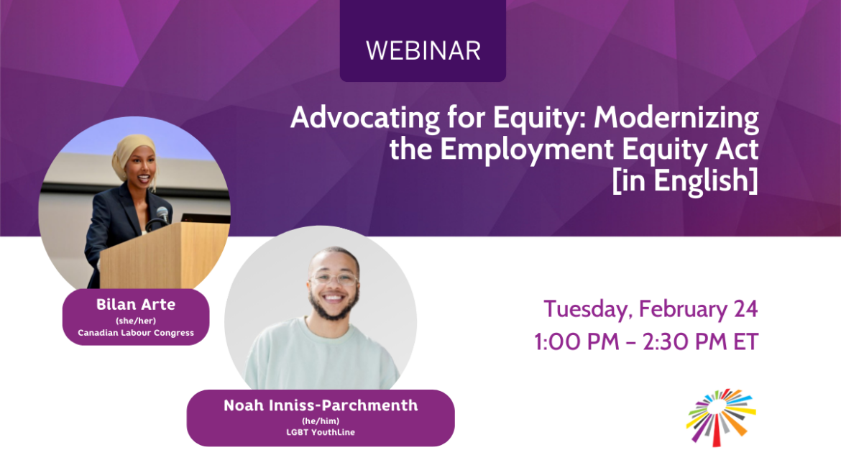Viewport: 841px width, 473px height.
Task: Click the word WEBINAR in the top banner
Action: point(423,50)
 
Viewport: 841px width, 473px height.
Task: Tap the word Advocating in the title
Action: point(344,119)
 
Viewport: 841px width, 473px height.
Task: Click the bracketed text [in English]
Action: point(685,180)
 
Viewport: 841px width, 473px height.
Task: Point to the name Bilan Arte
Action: point(136,304)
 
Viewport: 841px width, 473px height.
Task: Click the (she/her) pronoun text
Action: point(136,320)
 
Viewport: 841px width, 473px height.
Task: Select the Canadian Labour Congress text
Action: point(136,333)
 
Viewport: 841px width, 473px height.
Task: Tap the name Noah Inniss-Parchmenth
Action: point(321,405)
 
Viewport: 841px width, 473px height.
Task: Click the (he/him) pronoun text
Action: point(321,421)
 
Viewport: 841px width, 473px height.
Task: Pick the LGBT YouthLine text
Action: point(321,432)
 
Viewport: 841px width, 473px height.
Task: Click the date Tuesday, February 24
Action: point(651,309)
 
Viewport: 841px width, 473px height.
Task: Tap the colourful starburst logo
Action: point(721,416)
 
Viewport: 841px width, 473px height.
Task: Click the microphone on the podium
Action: point(162,213)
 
